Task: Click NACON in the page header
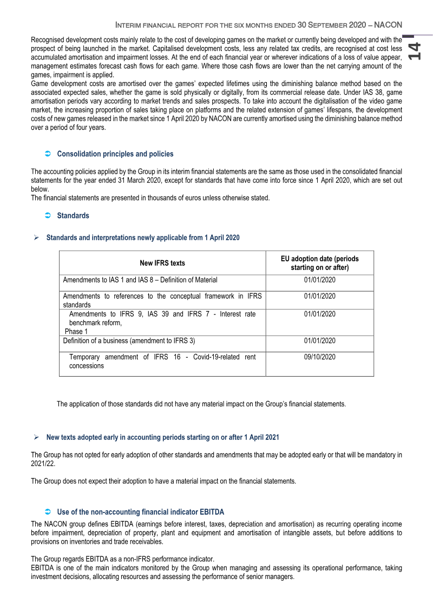tap(387, 25)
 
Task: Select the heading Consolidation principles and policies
tap(115, 154)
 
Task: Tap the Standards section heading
tap(73, 216)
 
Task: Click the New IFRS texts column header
tap(162, 263)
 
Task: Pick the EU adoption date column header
tap(319, 263)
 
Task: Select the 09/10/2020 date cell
tap(319, 357)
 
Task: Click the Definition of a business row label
tap(129, 341)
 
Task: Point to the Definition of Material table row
tap(140, 280)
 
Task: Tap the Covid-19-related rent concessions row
tap(162, 361)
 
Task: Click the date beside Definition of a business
tap(319, 341)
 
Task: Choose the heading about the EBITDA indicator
tap(140, 512)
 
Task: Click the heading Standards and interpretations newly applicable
tap(143, 238)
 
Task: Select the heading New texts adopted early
tap(163, 437)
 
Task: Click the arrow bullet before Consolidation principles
tap(47, 154)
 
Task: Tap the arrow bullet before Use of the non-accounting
tap(47, 512)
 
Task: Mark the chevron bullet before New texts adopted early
tap(36, 437)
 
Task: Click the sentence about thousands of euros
tap(150, 198)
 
